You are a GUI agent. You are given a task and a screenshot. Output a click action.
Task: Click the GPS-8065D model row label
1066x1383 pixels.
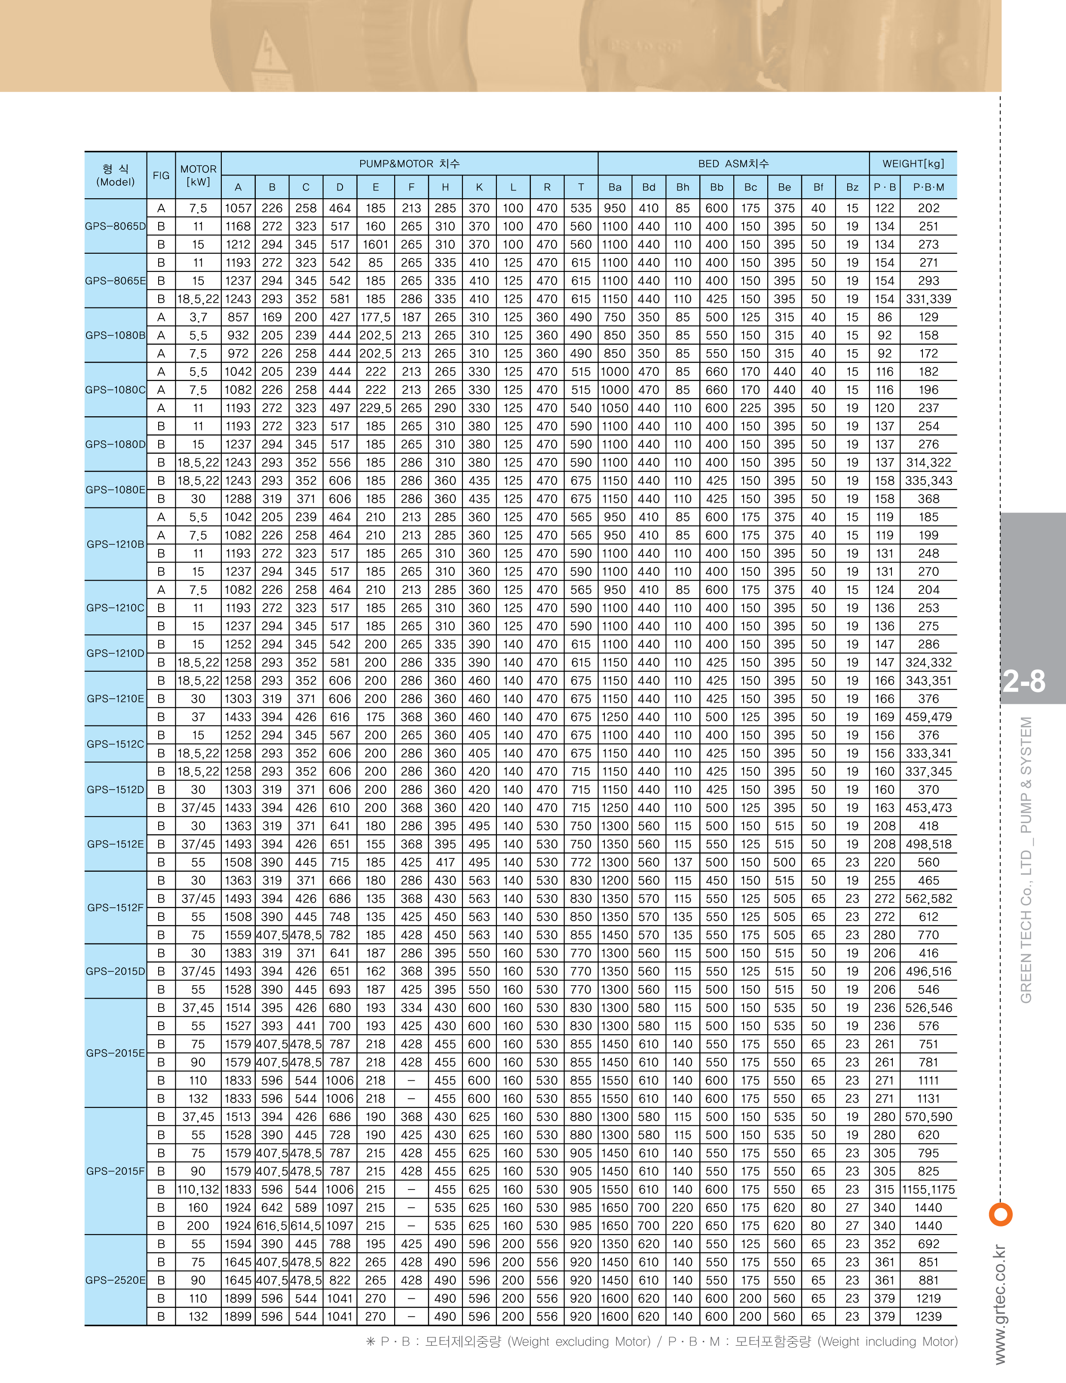point(116,226)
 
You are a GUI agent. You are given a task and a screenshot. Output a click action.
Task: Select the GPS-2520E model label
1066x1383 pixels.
point(116,1280)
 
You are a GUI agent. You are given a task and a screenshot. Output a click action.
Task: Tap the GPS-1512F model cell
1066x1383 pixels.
point(116,907)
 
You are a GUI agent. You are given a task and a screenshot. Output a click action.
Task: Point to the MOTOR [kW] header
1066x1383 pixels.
point(198,175)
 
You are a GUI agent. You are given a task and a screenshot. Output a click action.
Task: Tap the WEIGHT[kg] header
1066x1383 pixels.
point(913,163)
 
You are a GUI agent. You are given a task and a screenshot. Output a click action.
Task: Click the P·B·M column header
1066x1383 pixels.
point(928,187)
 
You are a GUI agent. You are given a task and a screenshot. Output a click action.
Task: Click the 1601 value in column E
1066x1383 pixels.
point(375,244)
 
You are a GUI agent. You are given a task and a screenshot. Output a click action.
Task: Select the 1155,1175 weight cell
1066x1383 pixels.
point(928,1189)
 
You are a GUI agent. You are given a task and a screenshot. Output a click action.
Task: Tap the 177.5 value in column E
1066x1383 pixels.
point(375,317)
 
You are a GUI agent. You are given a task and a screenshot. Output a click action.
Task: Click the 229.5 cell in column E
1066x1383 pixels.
point(375,408)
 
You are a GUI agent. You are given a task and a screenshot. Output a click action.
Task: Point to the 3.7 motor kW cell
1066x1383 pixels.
point(198,317)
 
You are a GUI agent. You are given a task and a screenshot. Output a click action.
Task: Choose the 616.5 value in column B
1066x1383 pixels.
point(272,1226)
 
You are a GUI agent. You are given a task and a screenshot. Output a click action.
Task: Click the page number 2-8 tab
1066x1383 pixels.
point(1023,681)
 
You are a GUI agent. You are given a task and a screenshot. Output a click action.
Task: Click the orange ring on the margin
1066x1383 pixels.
point(1000,1214)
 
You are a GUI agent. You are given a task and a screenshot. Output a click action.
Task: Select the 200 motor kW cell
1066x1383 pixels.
point(198,1226)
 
